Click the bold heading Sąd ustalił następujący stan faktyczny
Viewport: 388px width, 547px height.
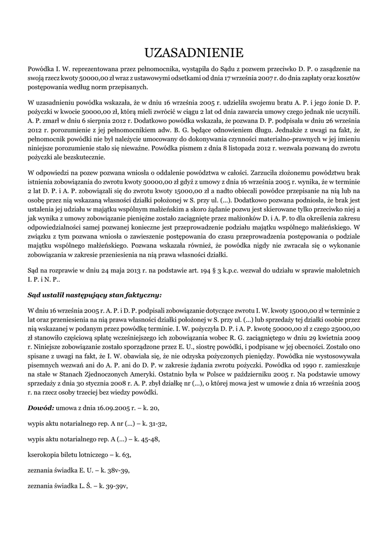point(94,294)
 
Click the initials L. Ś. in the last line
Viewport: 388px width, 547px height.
point(83,486)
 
